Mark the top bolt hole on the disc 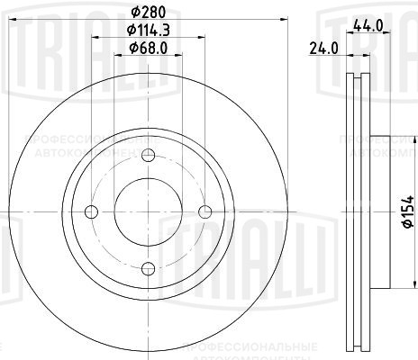[147, 154]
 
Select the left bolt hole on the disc [89, 211]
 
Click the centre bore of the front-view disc [147, 211]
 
